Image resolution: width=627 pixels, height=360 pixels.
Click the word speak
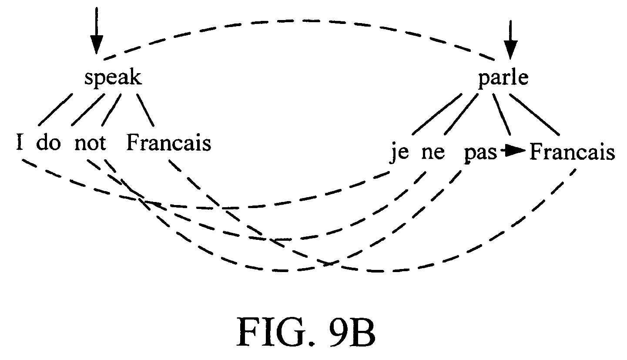[113, 78]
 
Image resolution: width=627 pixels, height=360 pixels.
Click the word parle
[503, 78]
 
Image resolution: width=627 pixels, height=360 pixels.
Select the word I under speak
[19, 142]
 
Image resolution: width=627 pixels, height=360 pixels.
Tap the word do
[48, 142]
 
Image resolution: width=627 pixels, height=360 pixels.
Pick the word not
[90, 143]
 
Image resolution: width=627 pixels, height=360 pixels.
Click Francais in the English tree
[168, 143]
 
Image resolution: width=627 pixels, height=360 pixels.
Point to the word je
[400, 153]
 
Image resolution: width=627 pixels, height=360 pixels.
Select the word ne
[433, 153]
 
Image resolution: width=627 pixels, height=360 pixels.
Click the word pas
[480, 153]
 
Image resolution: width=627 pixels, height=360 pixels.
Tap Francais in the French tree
[572, 152]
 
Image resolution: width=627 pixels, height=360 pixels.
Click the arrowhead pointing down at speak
[96, 44]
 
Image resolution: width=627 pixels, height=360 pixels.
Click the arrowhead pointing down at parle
[510, 50]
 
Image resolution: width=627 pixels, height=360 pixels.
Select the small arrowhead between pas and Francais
[517, 151]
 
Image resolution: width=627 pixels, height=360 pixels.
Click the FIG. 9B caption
[305, 332]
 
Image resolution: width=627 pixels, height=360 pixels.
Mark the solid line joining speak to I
[55, 110]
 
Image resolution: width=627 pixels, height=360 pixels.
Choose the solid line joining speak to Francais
[145, 110]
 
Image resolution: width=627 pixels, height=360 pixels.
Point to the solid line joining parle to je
[437, 114]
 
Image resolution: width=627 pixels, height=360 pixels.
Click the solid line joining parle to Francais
[534, 115]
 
